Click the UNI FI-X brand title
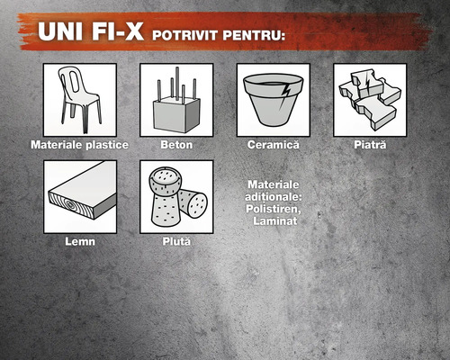[91, 31]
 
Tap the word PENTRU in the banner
[253, 35]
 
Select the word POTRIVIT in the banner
[184, 35]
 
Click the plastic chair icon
[80, 100]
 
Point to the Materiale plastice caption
[79, 145]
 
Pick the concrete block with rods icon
[176, 100]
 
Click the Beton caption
[176, 145]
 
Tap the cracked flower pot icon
[274, 100]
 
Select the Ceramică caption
[274, 145]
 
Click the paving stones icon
[370, 100]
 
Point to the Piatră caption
[370, 145]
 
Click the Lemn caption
[80, 241]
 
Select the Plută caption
[176, 241]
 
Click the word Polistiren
[274, 209]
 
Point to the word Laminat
[275, 221]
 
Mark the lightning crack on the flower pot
[284, 95]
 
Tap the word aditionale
[274, 197]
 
